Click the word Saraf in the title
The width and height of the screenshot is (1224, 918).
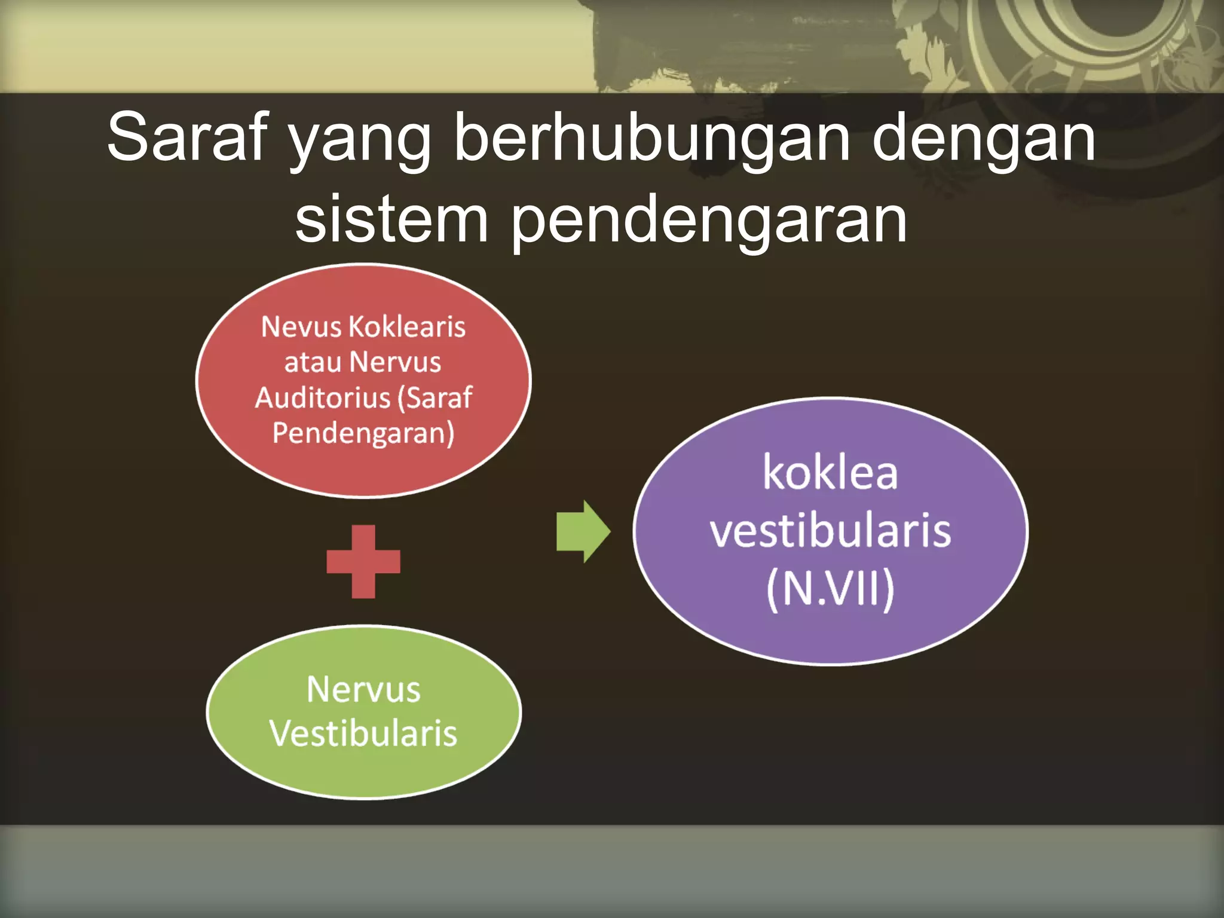pos(186,137)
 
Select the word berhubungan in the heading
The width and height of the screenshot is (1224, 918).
pos(651,137)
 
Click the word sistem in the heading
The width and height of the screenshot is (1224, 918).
pos(391,220)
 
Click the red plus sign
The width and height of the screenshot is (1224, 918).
pos(363,562)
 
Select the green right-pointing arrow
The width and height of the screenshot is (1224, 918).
pos(583,531)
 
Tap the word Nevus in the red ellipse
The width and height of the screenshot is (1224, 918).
pos(301,327)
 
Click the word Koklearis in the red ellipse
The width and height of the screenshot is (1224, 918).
pos(407,327)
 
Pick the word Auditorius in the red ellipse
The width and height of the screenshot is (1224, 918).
pos(322,398)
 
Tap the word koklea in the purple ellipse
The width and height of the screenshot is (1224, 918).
pos(830,473)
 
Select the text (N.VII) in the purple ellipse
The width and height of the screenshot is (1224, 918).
pos(830,589)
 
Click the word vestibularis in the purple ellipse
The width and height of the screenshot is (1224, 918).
pos(830,531)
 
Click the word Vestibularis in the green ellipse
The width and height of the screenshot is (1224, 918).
pos(363,733)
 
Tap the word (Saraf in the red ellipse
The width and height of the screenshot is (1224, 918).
pos(434,398)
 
